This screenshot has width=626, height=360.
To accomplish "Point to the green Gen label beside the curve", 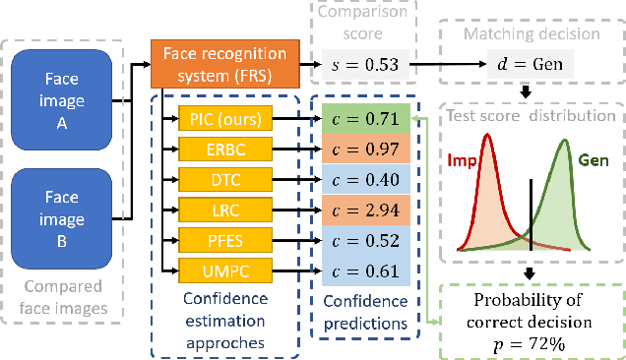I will point(594,159).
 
